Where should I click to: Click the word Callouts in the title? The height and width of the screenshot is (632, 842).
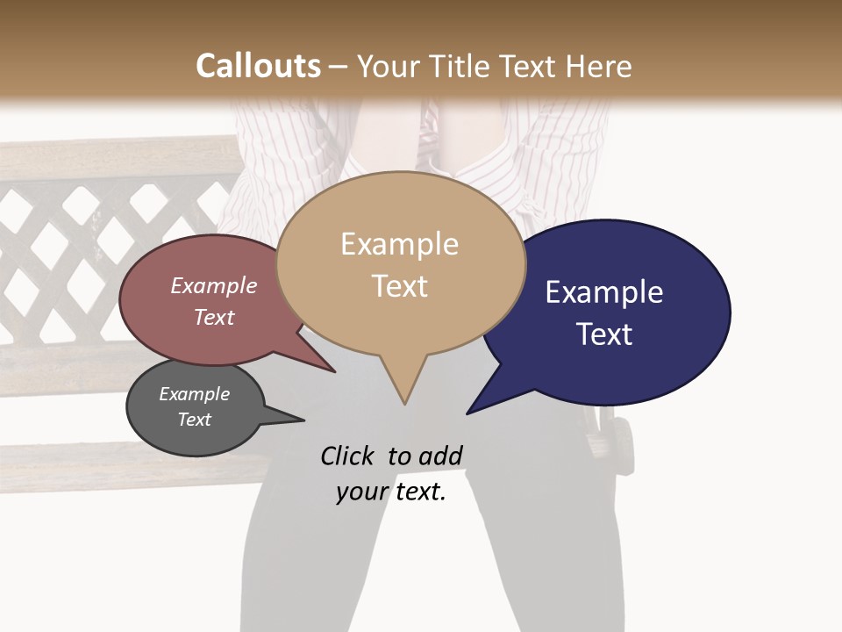click(x=258, y=67)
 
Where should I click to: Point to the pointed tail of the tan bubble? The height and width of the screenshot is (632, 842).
click(x=403, y=391)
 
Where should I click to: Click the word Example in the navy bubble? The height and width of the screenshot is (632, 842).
click(x=604, y=292)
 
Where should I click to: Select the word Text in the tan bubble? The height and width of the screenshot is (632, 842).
click(x=400, y=286)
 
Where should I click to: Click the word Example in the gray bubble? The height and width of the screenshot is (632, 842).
click(x=194, y=394)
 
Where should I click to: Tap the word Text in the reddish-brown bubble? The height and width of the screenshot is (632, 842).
click(x=214, y=317)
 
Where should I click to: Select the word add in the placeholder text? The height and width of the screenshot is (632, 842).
click(x=440, y=456)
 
